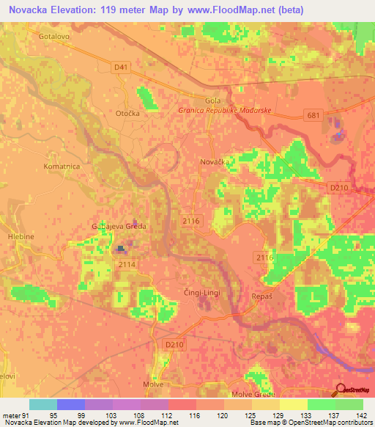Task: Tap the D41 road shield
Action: [122, 67]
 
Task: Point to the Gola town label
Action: [212, 101]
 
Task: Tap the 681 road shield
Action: [313, 114]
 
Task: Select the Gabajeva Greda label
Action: [119, 226]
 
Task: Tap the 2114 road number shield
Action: [127, 263]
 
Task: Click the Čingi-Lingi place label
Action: [201, 293]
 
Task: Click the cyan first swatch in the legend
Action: [42, 404]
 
